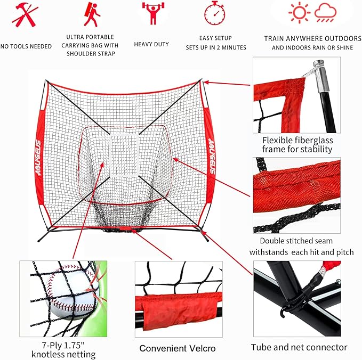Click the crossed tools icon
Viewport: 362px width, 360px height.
(x=25, y=15)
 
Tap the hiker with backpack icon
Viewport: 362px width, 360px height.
(x=91, y=14)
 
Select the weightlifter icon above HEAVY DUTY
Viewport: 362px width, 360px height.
(x=151, y=14)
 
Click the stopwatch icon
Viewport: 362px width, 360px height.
(x=214, y=13)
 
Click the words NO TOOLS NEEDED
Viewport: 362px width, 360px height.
(x=26, y=46)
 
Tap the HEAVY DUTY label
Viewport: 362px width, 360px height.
(x=151, y=45)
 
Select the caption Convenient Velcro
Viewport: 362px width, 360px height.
(x=178, y=348)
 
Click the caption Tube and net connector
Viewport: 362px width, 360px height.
(x=299, y=347)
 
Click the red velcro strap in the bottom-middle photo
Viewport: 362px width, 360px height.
(x=175, y=305)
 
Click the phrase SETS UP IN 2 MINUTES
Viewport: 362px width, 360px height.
(x=216, y=47)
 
